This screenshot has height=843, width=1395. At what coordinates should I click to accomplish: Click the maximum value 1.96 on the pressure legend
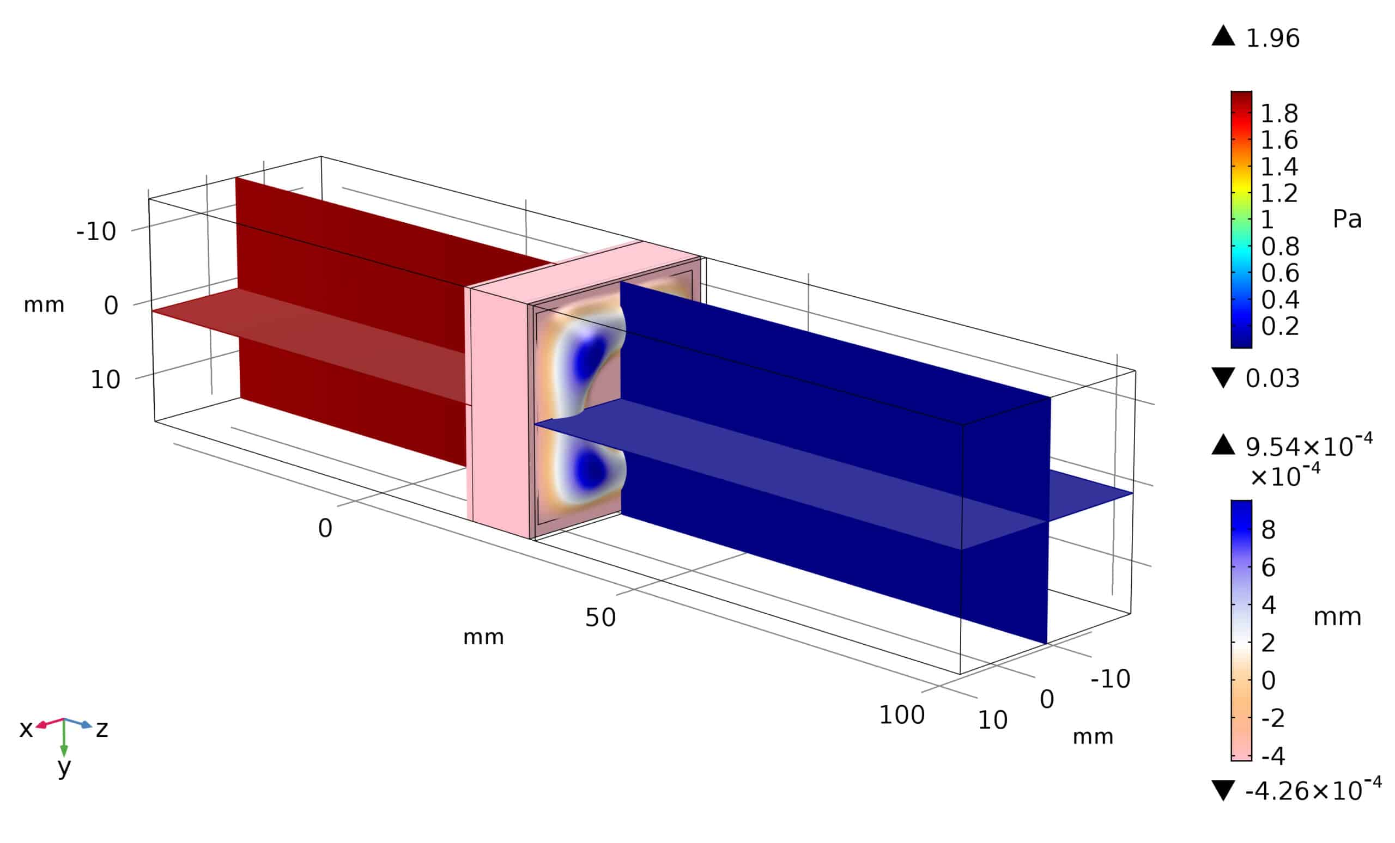click(x=1273, y=39)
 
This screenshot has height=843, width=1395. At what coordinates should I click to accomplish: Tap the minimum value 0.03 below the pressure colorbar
click(x=1272, y=378)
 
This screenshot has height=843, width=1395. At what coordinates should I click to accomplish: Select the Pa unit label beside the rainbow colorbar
click(x=1347, y=219)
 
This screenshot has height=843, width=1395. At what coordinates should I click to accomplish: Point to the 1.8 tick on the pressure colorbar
click(x=1279, y=114)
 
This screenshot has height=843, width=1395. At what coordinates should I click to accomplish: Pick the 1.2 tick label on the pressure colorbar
click(x=1279, y=193)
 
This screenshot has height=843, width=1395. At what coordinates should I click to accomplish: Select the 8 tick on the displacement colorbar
click(x=1269, y=530)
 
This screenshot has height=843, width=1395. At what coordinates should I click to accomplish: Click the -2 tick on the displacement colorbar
click(x=1273, y=718)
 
